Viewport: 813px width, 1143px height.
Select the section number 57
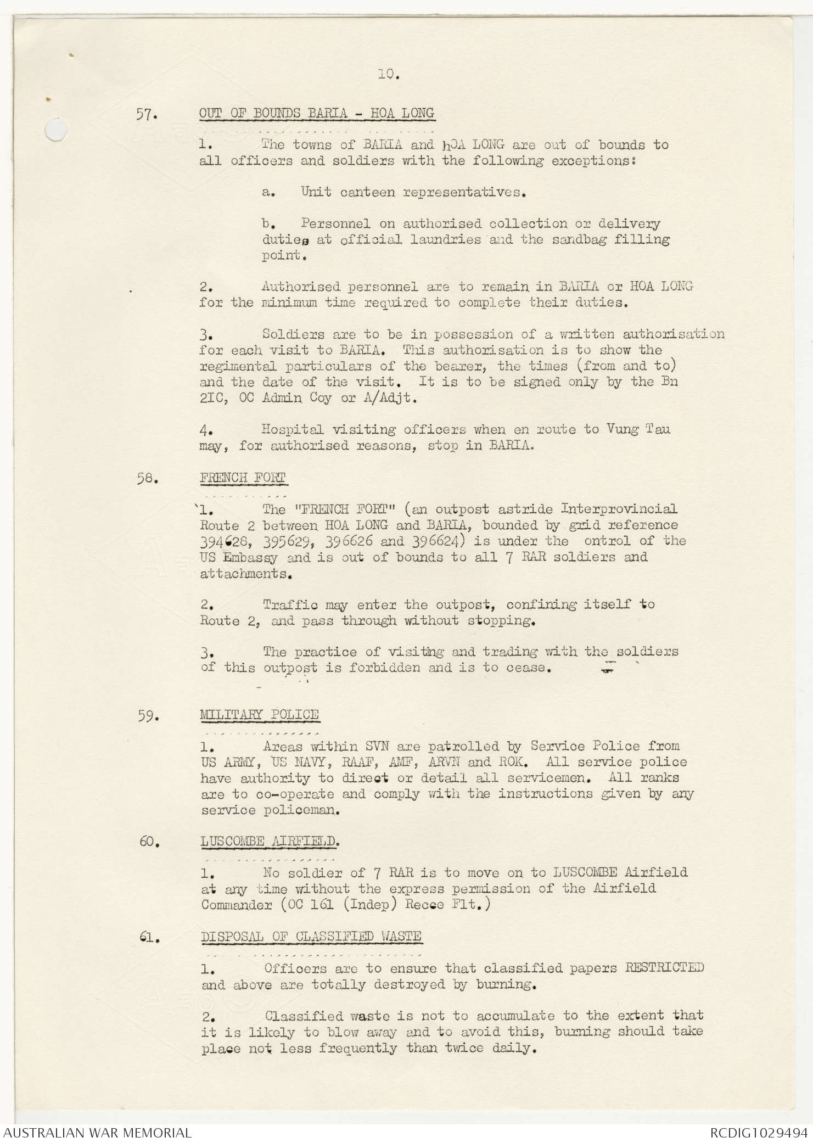pos(147,116)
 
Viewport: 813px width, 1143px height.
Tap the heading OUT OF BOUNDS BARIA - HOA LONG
pos(317,113)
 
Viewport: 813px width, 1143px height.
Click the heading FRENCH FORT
pos(243,478)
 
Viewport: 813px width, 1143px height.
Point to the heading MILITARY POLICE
pos(259,714)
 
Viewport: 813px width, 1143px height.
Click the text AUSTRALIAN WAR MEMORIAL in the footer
pos(97,1132)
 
